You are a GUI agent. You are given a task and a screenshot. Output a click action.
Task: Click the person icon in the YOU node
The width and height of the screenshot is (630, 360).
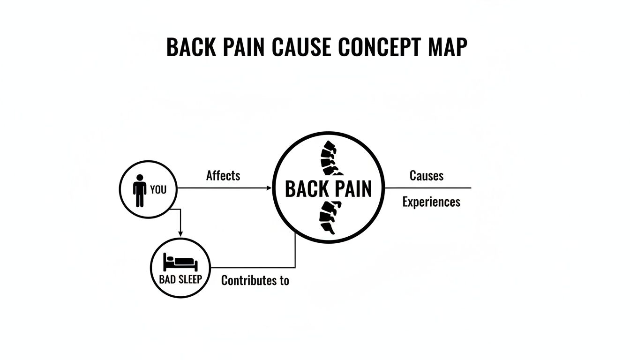[139, 190]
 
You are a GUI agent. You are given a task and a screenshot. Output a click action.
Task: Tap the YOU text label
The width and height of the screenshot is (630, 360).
[158, 190]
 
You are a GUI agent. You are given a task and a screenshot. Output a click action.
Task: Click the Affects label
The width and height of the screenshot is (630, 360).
[223, 176]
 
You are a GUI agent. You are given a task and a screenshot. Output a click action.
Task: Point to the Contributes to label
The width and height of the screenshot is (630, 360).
[255, 280]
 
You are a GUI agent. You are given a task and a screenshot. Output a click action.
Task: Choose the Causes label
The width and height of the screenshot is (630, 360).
[427, 176]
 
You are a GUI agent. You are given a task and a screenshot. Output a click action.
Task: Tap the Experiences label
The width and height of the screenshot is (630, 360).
[431, 202]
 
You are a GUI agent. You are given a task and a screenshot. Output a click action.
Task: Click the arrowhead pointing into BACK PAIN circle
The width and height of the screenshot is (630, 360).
[269, 188]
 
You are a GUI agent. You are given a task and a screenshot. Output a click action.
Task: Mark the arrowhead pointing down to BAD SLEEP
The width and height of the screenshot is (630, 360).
[180, 232]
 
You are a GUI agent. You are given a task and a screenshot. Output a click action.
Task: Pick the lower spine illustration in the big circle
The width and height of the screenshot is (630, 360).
[329, 217]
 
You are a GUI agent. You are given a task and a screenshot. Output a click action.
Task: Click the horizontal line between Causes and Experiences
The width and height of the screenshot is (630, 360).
[427, 187]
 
